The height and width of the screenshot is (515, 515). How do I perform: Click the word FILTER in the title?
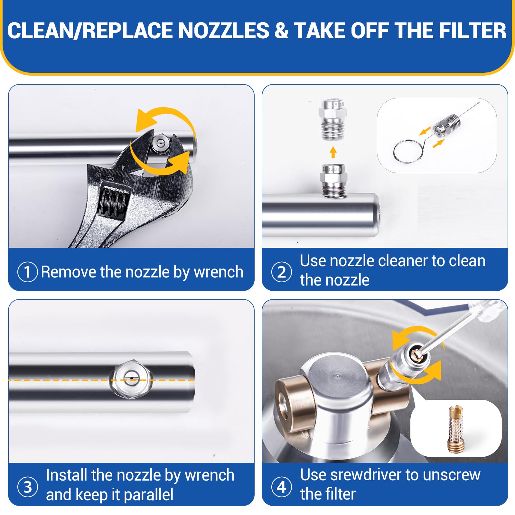point(473,31)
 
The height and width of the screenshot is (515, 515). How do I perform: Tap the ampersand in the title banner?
point(282,31)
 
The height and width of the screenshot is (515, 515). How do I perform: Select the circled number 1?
point(27,272)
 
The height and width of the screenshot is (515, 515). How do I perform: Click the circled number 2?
point(282,272)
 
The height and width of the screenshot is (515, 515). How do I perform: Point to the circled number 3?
point(28,487)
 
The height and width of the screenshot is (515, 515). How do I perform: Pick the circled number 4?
point(282,487)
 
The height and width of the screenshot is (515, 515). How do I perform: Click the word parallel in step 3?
point(148,495)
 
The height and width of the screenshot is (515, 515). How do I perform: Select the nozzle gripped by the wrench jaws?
point(160,145)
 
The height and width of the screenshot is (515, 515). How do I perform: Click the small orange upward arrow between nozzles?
point(333,153)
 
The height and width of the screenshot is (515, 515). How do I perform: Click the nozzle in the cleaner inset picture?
point(447,125)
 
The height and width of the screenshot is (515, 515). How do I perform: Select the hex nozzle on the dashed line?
point(130,379)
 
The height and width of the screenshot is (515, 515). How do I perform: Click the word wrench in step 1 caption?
point(219,272)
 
